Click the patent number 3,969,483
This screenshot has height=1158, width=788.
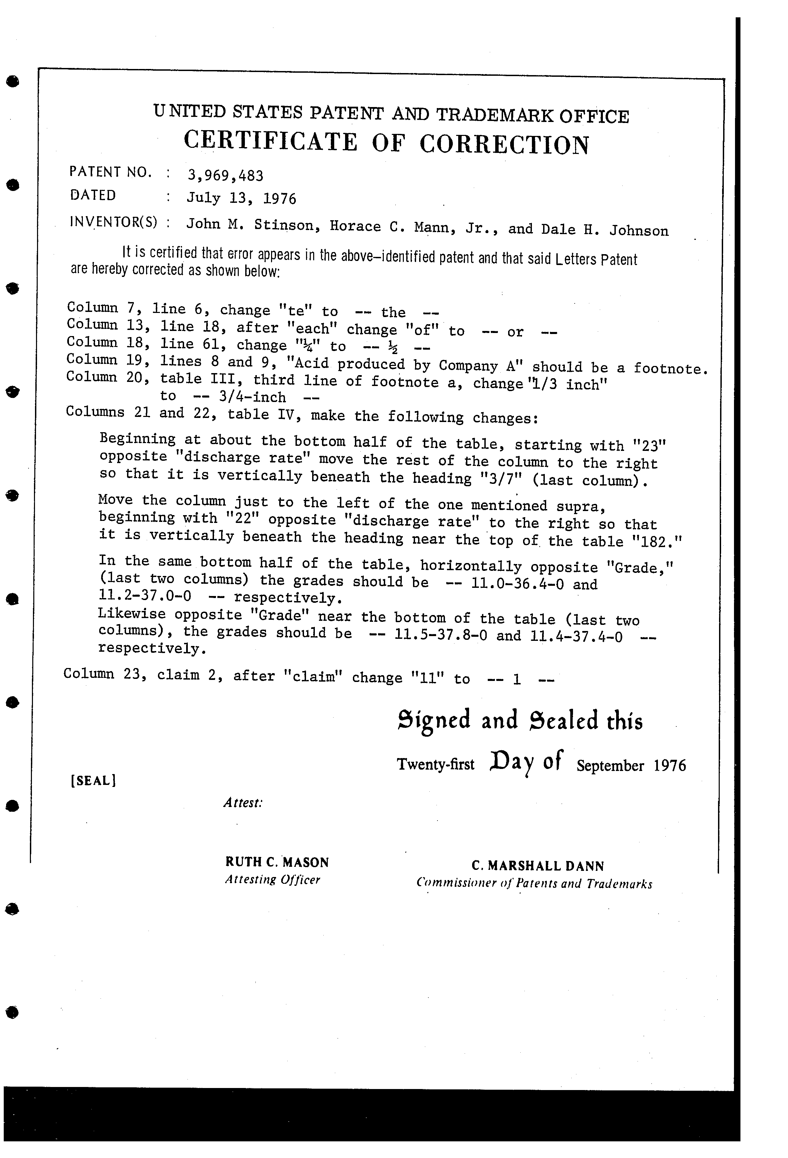[x=225, y=175]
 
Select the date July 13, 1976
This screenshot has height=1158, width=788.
[x=241, y=198]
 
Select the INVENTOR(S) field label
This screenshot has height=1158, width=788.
[x=113, y=221]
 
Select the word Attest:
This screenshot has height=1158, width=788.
[x=243, y=803]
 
